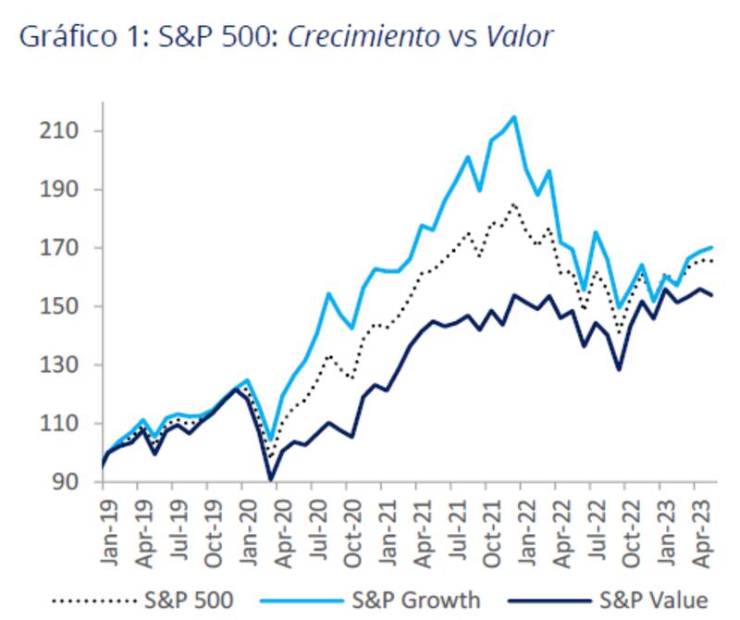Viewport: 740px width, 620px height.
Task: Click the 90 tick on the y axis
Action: (67, 482)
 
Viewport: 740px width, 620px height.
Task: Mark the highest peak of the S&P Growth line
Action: (513, 117)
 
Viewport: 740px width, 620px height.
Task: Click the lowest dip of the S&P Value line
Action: (271, 479)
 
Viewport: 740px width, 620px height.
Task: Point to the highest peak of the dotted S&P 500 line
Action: (513, 203)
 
